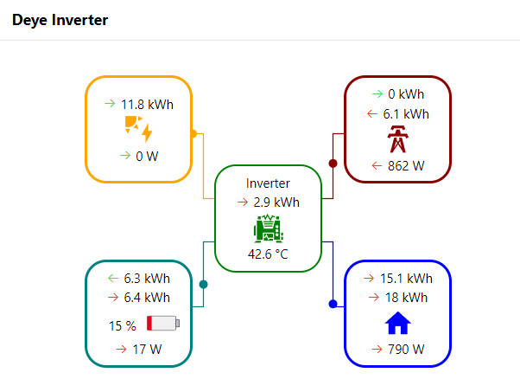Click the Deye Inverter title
(x=60, y=20)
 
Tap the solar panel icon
(x=138, y=129)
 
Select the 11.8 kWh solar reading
(x=147, y=104)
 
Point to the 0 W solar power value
(x=144, y=156)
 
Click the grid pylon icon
(x=397, y=138)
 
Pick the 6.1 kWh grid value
(x=405, y=113)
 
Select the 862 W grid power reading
(x=405, y=165)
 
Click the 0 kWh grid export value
(x=405, y=93)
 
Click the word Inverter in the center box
(x=268, y=183)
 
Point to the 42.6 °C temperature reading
(x=268, y=254)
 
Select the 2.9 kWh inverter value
(x=276, y=202)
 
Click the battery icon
(x=163, y=324)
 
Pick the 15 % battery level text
(x=123, y=326)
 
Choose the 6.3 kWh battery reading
(x=146, y=279)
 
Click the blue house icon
(x=397, y=324)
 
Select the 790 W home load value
(x=405, y=350)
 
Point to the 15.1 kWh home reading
(x=405, y=279)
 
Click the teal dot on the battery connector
(x=204, y=284)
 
